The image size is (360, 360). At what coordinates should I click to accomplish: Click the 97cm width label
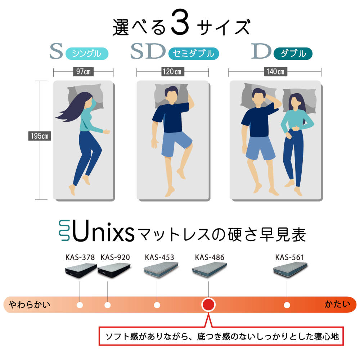point(83,72)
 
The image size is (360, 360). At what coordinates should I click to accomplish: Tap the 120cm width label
point(172,72)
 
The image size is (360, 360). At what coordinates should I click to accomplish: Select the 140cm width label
point(275,72)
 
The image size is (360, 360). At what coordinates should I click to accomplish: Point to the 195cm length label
point(40,136)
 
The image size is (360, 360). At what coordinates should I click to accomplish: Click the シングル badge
point(87,54)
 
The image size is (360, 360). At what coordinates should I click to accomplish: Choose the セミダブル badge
point(194,54)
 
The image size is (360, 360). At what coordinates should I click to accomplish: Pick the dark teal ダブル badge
point(293,54)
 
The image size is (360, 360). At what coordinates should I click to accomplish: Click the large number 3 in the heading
point(180,22)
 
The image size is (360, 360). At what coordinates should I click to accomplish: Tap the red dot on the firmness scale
point(208,305)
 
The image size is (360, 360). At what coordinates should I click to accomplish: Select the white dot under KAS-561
point(287,305)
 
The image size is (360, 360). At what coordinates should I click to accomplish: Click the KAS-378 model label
point(80,257)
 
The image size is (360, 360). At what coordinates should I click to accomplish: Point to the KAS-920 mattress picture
point(114,270)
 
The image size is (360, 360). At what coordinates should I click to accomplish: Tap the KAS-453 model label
point(159,257)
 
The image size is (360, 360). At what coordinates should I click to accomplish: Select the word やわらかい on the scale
point(30,305)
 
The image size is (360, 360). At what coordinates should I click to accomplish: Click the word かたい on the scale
point(337,304)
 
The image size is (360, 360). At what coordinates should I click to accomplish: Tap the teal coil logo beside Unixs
point(64,230)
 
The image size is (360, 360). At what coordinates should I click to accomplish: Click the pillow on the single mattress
point(85,96)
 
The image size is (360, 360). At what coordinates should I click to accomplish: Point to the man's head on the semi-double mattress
point(171,95)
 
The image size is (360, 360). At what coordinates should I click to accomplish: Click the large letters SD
point(148,51)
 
